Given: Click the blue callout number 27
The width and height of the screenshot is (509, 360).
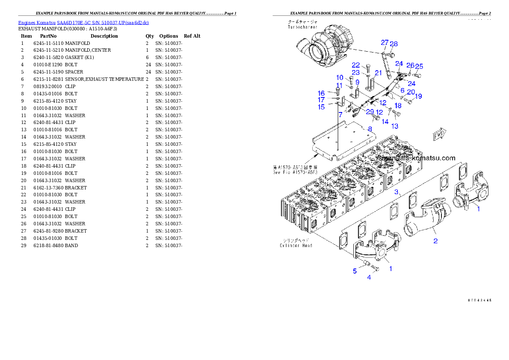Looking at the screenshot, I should [x=385, y=43].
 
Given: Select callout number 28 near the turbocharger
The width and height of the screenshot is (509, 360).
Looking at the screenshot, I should [x=394, y=44].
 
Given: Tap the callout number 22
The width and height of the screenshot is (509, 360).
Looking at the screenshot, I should [x=356, y=65].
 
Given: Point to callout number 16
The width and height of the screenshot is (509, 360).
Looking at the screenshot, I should [x=333, y=93].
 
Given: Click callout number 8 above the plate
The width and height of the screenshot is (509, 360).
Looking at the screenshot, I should [x=370, y=128].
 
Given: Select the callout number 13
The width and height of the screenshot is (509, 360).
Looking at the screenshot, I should [x=395, y=126].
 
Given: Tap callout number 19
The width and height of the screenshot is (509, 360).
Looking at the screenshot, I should [x=418, y=97].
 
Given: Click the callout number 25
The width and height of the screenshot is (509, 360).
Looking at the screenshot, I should [x=419, y=66].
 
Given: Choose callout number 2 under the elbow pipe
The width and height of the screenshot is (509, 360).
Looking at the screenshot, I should [x=435, y=241].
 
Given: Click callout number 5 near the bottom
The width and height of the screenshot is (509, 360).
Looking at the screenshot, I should [x=355, y=271].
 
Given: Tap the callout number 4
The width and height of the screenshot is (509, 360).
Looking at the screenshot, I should [x=369, y=277].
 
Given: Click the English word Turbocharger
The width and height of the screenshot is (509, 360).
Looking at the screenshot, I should [x=303, y=27].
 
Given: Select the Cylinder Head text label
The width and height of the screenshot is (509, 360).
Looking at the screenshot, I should [x=296, y=245].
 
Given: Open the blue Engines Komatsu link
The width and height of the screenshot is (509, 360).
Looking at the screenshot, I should [x=83, y=23].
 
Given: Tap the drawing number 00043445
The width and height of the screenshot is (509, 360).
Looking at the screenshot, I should [x=479, y=300].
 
